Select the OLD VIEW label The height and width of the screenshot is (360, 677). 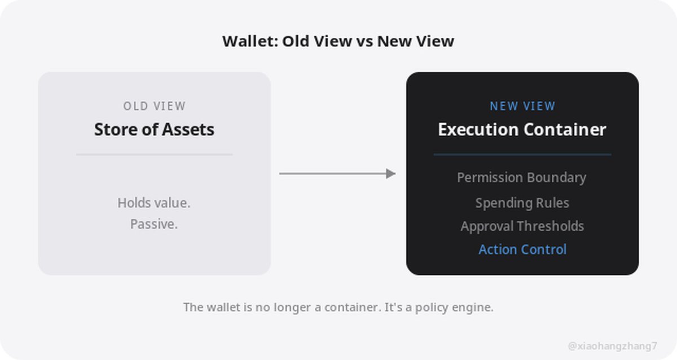click(155, 106)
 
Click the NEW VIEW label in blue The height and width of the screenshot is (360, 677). click(522, 106)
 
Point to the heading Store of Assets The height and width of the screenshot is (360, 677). click(154, 129)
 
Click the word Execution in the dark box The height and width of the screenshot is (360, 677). click(478, 129)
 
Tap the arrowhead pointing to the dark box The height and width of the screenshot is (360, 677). click(391, 173)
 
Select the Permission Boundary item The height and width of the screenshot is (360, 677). click(522, 177)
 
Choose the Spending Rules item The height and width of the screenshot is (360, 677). click(522, 203)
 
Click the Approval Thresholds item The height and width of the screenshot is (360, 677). click(522, 226)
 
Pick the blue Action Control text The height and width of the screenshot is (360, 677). click(522, 249)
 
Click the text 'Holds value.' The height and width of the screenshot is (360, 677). click(154, 203)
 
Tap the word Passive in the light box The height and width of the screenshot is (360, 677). click(153, 224)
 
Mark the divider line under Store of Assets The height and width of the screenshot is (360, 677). click(155, 155)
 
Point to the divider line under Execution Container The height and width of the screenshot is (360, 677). click(522, 155)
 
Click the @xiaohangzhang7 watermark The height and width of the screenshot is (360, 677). click(612, 346)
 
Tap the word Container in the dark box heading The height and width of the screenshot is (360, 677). click(565, 129)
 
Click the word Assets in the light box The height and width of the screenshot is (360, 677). click(188, 129)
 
